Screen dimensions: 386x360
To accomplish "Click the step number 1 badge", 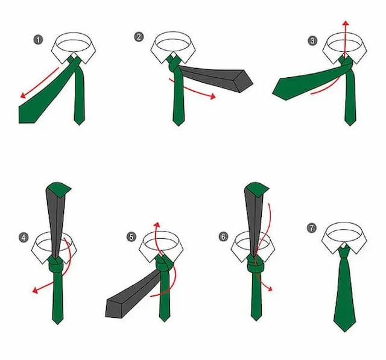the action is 38,40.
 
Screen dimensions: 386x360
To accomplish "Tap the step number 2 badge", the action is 139,37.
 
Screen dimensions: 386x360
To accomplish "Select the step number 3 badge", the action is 312,40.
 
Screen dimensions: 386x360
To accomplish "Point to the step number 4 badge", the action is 24,238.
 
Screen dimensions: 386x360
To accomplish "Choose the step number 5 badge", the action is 131,237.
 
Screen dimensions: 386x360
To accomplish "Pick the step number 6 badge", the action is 223,237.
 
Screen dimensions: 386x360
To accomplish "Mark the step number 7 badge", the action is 312,228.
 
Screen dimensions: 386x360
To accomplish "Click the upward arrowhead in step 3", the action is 346,24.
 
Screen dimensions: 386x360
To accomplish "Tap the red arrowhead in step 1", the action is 23,95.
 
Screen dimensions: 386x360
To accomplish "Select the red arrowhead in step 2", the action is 213,96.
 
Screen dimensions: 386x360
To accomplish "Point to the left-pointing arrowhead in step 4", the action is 35,291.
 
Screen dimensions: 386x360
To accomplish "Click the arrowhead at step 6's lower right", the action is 270,289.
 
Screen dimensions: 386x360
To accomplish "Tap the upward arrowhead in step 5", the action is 157,224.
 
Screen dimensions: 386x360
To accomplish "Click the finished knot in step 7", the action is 344,251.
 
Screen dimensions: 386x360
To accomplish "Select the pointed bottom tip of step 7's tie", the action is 344,332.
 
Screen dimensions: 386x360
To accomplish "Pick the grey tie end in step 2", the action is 217,78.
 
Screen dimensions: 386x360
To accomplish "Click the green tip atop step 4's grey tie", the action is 60,189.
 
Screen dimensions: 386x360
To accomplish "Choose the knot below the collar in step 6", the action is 256,265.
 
